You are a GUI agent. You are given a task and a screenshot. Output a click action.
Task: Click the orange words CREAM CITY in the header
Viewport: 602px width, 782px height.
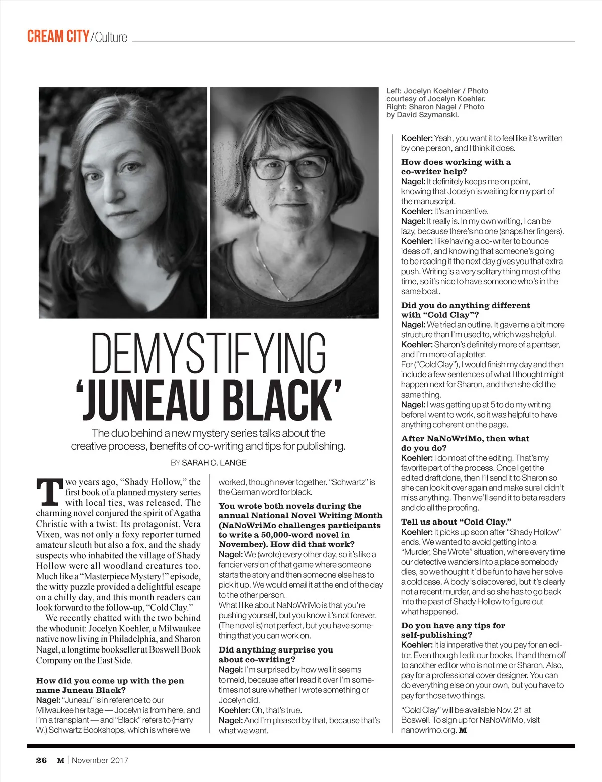(x=58, y=37)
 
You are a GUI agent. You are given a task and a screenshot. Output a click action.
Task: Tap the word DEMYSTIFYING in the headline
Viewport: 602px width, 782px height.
(x=209, y=354)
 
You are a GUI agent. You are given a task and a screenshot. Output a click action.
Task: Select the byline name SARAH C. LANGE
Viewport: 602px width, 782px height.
(x=214, y=463)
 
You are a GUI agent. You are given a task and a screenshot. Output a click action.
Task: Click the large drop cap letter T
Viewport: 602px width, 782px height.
(x=49, y=492)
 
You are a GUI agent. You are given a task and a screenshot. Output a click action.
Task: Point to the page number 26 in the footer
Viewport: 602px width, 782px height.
(x=41, y=760)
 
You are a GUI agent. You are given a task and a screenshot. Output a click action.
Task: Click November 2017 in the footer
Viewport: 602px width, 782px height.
(x=100, y=760)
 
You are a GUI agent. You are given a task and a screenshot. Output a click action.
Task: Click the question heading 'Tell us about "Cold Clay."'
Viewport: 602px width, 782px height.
(x=456, y=522)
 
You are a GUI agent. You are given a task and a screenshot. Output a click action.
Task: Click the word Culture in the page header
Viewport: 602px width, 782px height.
(x=111, y=37)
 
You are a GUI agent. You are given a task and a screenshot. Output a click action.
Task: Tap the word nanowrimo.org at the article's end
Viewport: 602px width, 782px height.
(x=427, y=730)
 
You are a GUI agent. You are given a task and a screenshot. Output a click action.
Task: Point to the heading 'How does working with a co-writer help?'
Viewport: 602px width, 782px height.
(x=456, y=167)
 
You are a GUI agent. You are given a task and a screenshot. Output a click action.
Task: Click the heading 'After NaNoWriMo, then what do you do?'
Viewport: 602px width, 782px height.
(x=465, y=443)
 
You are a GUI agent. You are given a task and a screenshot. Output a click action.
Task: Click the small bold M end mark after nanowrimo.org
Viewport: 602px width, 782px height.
(x=463, y=730)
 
